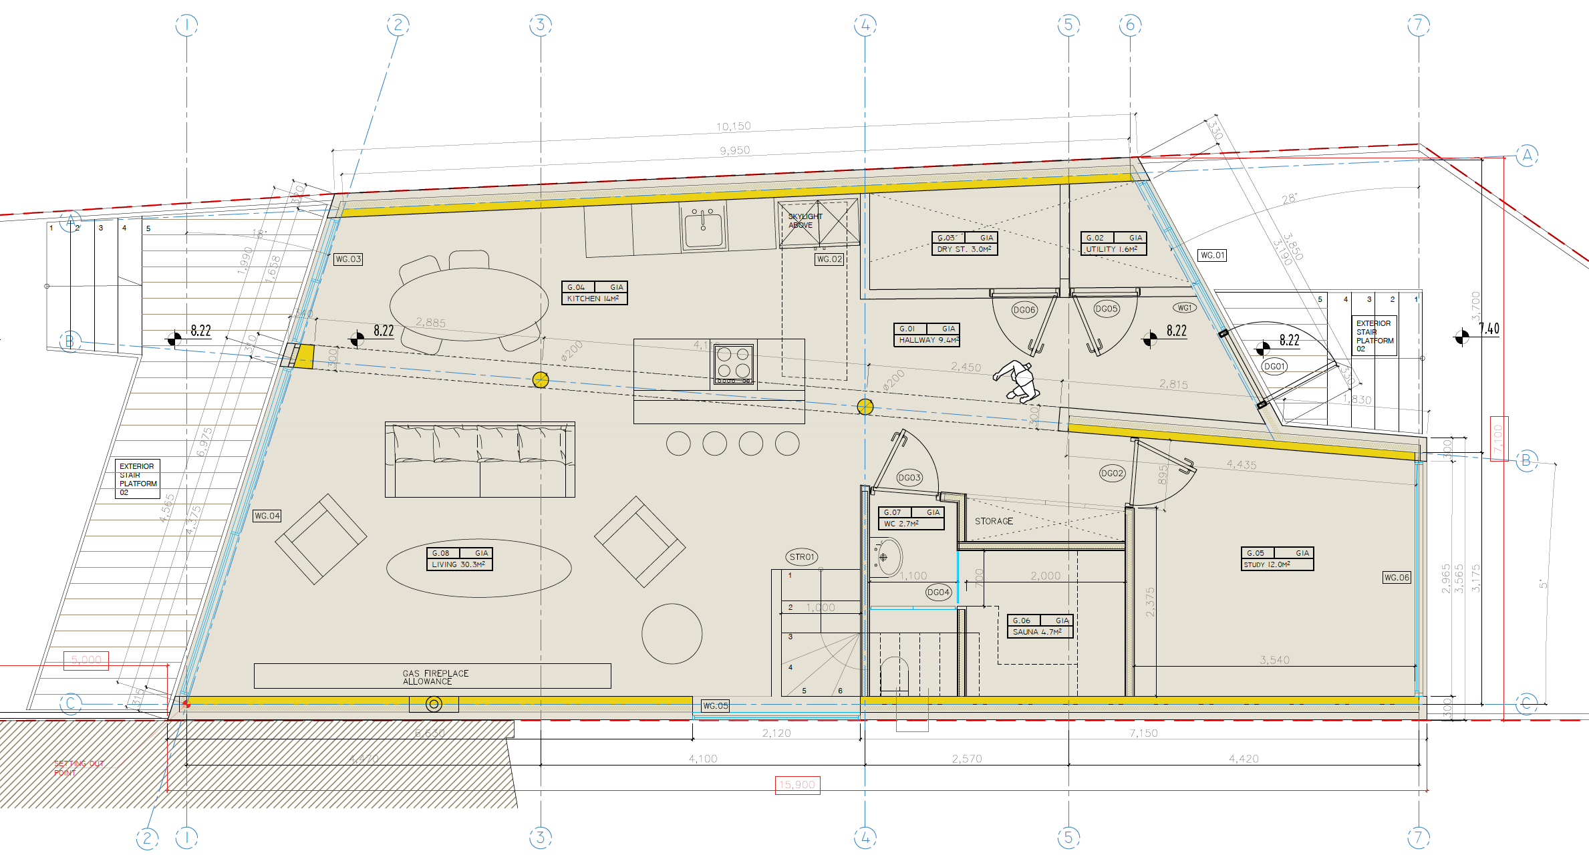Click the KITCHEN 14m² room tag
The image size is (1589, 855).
tap(594, 293)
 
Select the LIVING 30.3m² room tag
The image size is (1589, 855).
tap(459, 558)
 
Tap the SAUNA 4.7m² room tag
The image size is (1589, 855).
tap(1040, 626)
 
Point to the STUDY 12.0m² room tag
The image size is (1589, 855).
tap(1277, 558)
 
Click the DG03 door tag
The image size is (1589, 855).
tap(909, 478)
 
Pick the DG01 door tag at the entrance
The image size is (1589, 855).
tap(1274, 366)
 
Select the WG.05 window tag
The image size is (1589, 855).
tap(715, 706)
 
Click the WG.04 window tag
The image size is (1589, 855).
tap(267, 516)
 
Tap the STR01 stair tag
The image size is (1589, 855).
tap(802, 556)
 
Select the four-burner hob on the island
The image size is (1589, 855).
tap(733, 364)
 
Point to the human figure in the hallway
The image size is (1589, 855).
tap(1017, 381)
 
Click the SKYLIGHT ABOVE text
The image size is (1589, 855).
tap(805, 220)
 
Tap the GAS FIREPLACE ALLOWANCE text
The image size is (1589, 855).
tap(435, 677)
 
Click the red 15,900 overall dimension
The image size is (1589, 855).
tap(797, 785)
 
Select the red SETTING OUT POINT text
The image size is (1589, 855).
tap(78, 768)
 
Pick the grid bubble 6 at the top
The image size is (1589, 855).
tap(1130, 25)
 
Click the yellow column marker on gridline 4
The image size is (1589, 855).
tap(865, 406)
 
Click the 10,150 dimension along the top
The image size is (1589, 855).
tap(733, 126)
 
